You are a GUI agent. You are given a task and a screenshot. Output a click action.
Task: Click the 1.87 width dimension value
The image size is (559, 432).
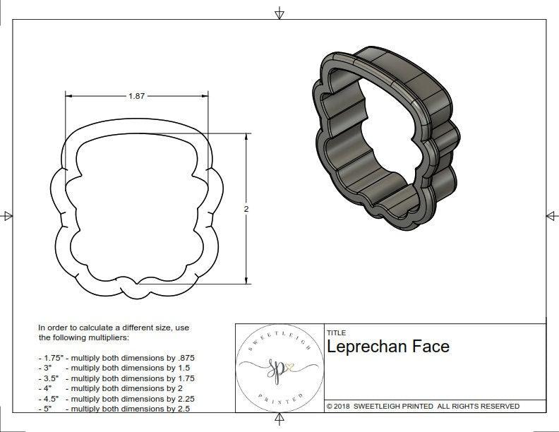point(136,97)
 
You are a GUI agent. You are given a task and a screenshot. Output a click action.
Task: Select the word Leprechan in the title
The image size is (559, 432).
point(368,347)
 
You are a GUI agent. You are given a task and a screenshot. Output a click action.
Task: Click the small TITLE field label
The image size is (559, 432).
point(336,332)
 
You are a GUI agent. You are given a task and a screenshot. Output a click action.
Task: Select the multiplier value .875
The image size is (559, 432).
point(195,358)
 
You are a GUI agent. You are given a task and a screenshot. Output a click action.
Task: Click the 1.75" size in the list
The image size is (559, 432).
point(50,358)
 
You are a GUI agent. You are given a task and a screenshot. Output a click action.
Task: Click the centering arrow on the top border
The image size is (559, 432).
point(279,13)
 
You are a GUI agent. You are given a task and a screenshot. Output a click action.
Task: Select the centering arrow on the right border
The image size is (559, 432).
point(552,216)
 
